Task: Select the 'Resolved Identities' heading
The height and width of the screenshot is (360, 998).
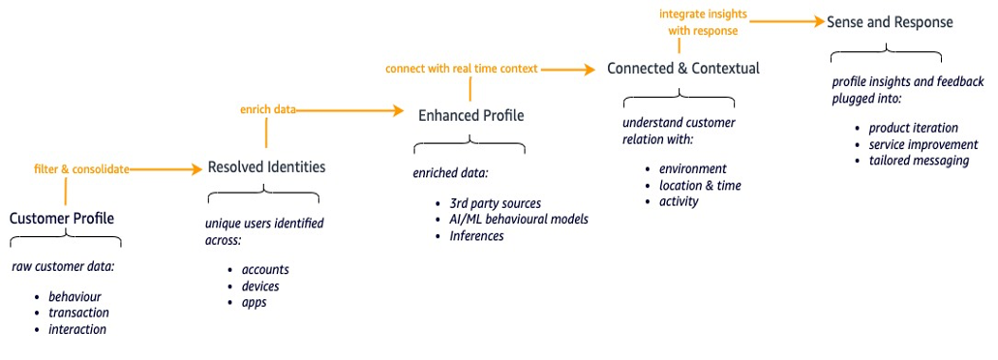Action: [266, 167]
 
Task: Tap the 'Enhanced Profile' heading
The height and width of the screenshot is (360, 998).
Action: [470, 116]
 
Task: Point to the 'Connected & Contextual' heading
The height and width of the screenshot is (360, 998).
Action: [682, 69]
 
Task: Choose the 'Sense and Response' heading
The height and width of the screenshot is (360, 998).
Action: [890, 21]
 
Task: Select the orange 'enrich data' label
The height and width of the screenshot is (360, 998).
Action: [268, 110]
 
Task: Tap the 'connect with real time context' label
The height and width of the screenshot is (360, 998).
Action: [461, 69]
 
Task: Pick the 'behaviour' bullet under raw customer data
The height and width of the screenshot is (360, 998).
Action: [75, 296]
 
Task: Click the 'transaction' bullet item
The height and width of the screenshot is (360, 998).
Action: [78, 313]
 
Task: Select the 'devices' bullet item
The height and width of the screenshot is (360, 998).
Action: [259, 286]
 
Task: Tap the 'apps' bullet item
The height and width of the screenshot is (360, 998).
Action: [254, 303]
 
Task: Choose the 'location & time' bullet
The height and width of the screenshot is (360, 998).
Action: [699, 185]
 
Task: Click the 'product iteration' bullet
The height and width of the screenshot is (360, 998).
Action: [913, 128]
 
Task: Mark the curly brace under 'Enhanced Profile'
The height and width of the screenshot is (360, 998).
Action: [470, 145]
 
